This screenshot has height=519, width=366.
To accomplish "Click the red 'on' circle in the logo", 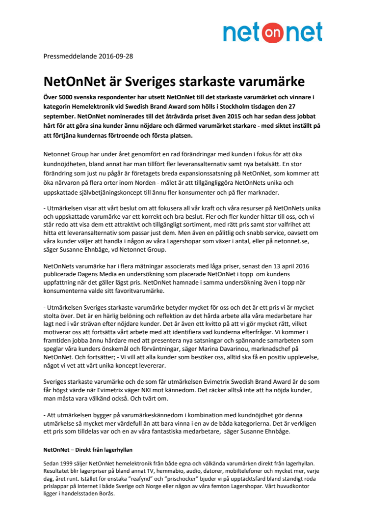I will [276, 32].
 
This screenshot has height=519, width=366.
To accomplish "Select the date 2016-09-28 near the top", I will [115, 56].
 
